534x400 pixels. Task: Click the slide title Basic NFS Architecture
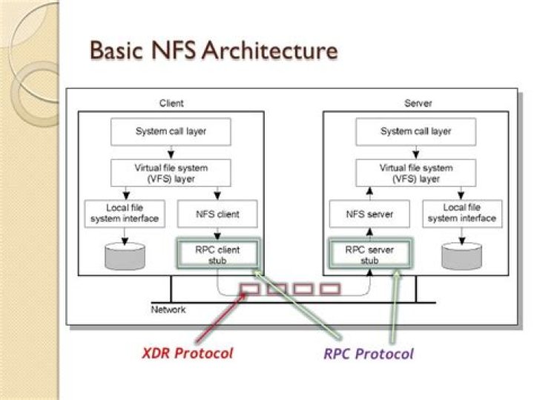213,50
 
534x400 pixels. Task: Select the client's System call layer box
171,131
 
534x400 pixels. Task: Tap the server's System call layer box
416,131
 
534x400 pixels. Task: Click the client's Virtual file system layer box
171,172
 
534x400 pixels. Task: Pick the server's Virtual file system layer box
416,172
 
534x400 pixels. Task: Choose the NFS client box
217,214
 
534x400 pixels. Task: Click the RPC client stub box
217,255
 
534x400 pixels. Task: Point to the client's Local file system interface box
125,214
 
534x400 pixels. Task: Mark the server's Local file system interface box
462,214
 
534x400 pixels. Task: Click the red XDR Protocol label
187,353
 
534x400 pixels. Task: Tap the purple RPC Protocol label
369,353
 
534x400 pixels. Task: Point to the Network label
168,309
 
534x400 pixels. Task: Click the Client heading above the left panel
171,103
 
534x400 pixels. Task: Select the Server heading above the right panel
418,103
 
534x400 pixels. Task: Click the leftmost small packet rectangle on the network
250,288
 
